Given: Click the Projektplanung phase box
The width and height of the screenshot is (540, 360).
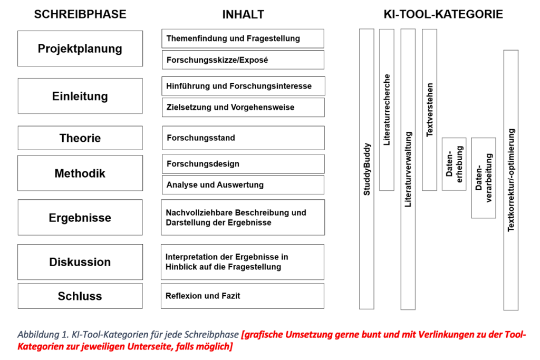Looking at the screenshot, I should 80,48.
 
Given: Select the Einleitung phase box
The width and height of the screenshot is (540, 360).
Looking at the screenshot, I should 80,96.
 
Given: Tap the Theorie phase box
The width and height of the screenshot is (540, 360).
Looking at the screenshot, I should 80,138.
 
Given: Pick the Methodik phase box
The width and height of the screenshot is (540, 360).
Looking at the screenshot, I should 80,173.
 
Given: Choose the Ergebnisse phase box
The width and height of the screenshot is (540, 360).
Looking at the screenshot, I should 80,218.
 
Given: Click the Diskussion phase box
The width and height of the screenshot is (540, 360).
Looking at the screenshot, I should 80,262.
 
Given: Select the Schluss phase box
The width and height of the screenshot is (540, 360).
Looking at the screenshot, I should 80,296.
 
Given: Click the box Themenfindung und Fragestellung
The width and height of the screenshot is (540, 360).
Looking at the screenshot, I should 243,38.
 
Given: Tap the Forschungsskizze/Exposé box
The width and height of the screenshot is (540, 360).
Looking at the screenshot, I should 243,60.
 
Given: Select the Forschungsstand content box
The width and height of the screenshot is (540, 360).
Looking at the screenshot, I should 243,138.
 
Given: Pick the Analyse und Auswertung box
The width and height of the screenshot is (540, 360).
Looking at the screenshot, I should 243,185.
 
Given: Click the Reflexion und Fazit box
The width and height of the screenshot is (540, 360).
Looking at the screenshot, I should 243,296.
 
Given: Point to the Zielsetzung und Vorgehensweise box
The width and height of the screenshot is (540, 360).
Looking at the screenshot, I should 243,108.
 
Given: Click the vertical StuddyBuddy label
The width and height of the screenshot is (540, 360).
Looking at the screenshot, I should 367,169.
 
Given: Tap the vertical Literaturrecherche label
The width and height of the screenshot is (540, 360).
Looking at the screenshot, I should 387,110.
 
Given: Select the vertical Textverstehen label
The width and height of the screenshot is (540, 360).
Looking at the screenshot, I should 430,110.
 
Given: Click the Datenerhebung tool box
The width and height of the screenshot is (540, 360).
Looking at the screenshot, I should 454,164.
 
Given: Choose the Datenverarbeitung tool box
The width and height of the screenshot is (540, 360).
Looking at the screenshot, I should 484,178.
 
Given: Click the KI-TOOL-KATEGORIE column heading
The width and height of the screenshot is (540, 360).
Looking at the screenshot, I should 443,15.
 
